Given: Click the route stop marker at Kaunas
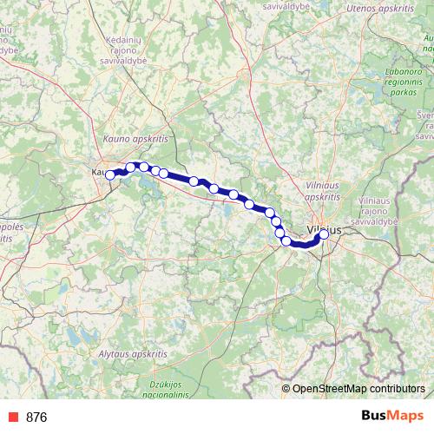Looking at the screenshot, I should (x=110, y=174).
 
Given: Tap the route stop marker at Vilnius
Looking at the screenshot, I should (x=324, y=233).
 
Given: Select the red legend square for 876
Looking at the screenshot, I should (x=11, y=418).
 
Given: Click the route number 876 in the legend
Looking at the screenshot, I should (x=36, y=418).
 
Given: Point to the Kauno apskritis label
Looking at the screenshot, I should (x=135, y=138).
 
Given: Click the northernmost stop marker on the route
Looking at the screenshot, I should (x=144, y=167).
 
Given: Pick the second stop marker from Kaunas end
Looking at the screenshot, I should (x=131, y=168).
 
